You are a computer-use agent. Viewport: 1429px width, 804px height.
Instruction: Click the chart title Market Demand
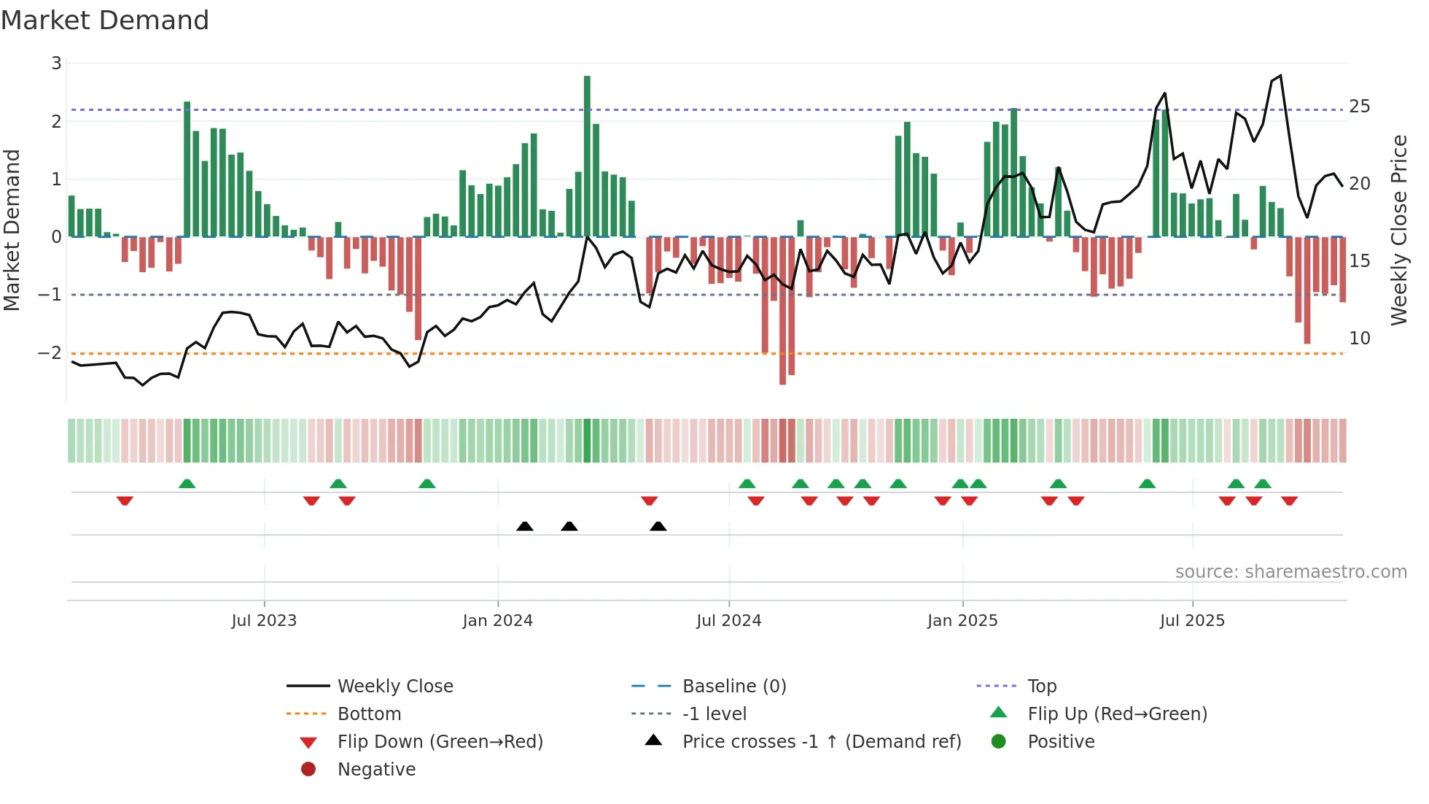pyautogui.click(x=105, y=20)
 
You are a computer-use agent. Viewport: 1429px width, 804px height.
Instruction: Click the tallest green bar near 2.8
pyautogui.click(x=587, y=156)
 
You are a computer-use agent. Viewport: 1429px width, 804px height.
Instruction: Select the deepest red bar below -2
pyautogui.click(x=782, y=310)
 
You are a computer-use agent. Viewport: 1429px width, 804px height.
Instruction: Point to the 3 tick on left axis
pyautogui.click(x=56, y=63)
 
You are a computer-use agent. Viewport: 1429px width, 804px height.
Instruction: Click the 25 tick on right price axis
pyautogui.click(x=1359, y=107)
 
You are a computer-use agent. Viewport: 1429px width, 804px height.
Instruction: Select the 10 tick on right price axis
pyautogui.click(x=1359, y=338)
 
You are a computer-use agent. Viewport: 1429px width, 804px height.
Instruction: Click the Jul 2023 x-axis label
pyautogui.click(x=264, y=621)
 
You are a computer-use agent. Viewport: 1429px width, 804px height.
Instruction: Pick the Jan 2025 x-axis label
pyautogui.click(x=962, y=621)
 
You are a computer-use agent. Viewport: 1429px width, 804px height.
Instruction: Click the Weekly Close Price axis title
pyautogui.click(x=1398, y=230)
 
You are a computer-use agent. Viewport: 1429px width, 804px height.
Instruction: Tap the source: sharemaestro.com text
pyautogui.click(x=1290, y=571)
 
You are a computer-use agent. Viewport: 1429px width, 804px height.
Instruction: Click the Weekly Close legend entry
pyautogui.click(x=394, y=686)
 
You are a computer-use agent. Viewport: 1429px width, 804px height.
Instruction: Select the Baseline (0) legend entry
pyautogui.click(x=733, y=686)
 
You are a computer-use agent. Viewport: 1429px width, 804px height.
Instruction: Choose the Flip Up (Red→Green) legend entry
pyautogui.click(x=1117, y=714)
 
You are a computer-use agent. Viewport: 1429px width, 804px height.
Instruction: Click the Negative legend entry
pyautogui.click(x=376, y=769)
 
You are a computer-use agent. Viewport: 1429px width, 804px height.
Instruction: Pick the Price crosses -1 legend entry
pyautogui.click(x=821, y=741)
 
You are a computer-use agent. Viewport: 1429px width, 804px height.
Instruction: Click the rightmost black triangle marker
pyautogui.click(x=658, y=526)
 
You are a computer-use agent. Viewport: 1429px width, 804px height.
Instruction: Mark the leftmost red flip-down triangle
pyautogui.click(x=125, y=500)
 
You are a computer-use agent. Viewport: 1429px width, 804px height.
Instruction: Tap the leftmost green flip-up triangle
pyautogui.click(x=187, y=484)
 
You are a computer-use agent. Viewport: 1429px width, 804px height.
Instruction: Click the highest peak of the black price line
pyautogui.click(x=1280, y=76)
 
